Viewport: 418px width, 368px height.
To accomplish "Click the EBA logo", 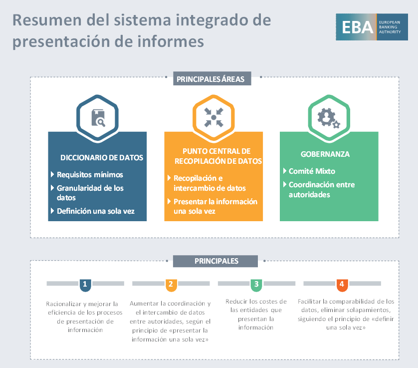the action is (372, 27).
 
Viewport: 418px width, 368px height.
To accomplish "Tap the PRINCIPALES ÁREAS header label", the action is (212, 78).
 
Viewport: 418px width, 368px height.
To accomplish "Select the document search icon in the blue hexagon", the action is (98, 117).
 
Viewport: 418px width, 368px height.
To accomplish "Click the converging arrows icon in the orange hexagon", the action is (213, 117).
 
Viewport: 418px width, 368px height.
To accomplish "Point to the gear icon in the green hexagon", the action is (329, 118).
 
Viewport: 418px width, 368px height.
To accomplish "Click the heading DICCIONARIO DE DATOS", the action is (102, 158).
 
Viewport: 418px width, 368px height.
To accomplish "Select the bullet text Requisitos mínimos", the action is (90, 175).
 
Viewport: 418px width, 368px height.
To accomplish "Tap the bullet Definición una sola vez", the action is (95, 211).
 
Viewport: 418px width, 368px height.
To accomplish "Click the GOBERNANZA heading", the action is (325, 154).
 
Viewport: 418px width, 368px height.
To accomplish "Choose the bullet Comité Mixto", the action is (312, 171).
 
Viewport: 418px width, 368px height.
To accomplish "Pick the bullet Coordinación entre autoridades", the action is (322, 189).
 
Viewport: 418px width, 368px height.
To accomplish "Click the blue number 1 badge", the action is (85, 285).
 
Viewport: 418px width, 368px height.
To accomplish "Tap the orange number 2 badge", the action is (171, 285).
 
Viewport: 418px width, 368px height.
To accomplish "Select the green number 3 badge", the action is (256, 285).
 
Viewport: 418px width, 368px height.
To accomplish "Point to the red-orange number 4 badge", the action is (342, 285).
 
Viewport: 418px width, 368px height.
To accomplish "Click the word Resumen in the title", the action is (47, 20).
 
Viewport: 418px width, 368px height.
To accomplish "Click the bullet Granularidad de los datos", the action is (90, 193).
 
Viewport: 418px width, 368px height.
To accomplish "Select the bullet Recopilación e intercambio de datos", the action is (209, 183).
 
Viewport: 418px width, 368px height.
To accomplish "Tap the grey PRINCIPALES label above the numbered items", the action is (215, 261).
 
